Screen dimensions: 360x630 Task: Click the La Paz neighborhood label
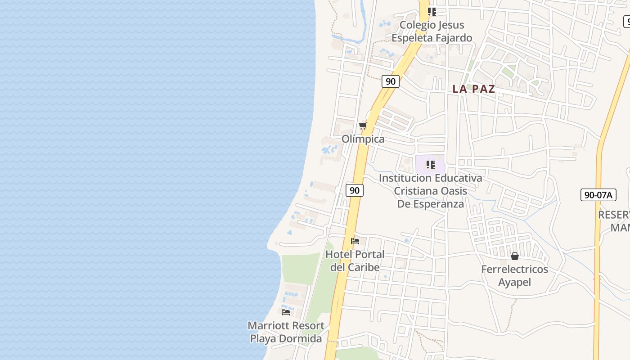[473, 89]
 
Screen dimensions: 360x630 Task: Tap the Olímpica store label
[363, 139]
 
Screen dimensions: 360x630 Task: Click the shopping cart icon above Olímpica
[363, 126]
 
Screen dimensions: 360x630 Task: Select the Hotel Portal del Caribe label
[355, 261]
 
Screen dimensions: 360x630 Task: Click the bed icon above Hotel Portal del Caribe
[355, 241]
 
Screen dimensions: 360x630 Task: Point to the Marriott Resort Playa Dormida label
[286, 332]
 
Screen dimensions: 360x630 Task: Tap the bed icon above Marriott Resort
[286, 312]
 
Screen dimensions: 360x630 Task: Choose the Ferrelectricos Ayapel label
[514, 275]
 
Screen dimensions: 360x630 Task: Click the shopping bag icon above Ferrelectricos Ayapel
[515, 256]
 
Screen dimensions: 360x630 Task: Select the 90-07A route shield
[598, 195]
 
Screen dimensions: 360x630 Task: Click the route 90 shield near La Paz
[391, 81]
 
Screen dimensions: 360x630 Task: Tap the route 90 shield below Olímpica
[355, 190]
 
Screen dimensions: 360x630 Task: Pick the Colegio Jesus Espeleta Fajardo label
[432, 31]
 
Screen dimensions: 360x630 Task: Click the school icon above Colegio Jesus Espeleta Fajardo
[432, 12]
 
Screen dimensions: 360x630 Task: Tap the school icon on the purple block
[430, 165]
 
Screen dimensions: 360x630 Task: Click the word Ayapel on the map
[514, 282]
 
